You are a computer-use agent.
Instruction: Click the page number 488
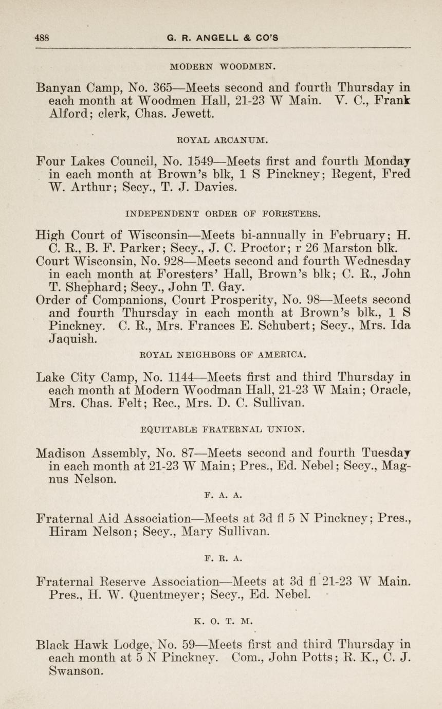[x=42, y=38]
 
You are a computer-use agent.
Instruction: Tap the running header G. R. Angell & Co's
[x=223, y=38]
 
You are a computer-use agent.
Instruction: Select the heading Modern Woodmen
[x=223, y=66]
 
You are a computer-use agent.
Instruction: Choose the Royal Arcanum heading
[x=222, y=139]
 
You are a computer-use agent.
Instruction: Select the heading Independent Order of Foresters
[x=223, y=213]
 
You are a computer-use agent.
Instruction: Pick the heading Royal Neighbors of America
[x=223, y=354]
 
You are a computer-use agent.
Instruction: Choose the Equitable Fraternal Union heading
[x=223, y=428]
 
